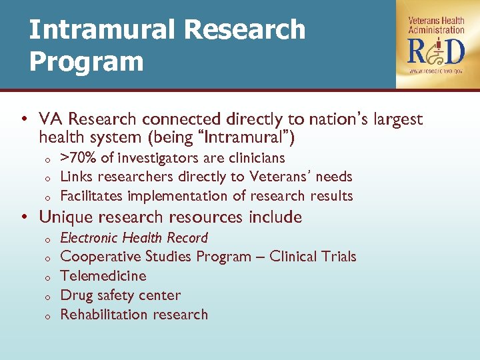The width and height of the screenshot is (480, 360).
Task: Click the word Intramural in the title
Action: coord(101,29)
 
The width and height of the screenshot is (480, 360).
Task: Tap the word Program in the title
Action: coord(86,61)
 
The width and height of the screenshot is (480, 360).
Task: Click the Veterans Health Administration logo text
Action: coord(436,25)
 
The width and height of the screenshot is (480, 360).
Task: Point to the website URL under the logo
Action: coord(436,71)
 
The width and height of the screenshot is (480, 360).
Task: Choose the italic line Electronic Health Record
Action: coord(134,238)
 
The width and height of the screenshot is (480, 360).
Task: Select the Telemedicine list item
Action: coord(103,276)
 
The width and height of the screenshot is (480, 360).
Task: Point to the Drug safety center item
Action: coord(120,295)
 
